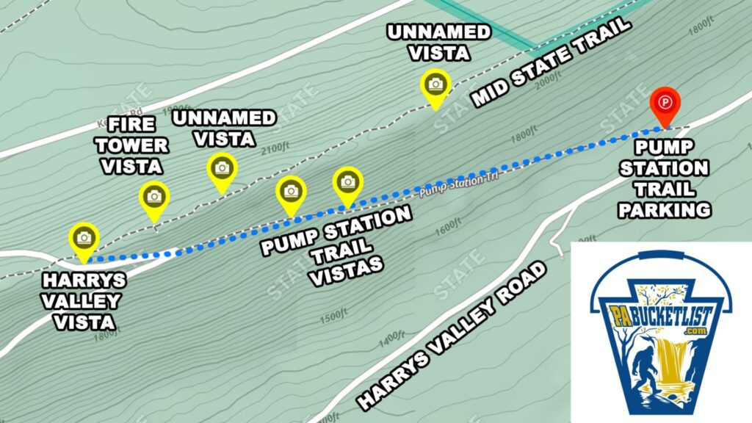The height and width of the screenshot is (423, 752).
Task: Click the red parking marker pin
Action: coord(665,103)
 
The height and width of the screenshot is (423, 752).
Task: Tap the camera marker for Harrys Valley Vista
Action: coord(84,238)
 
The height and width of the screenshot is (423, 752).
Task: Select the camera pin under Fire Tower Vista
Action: coord(154,197)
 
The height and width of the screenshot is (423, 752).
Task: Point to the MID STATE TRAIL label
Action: coord(551,62)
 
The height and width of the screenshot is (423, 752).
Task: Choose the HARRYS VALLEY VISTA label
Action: coord(84,301)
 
